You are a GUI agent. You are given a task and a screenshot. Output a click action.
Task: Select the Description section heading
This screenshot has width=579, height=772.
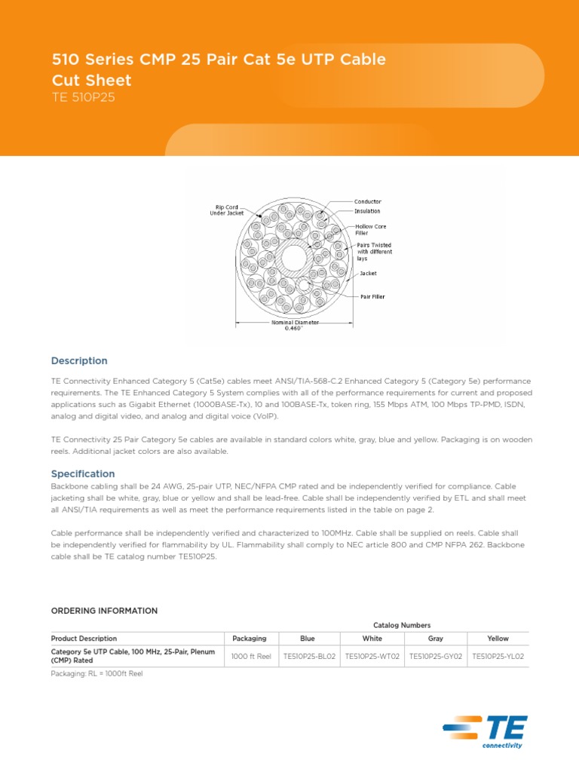coord(79,361)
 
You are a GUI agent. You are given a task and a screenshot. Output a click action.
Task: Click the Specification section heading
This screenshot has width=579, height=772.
coord(83,474)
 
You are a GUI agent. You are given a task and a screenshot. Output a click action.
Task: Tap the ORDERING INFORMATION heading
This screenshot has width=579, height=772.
coord(104,611)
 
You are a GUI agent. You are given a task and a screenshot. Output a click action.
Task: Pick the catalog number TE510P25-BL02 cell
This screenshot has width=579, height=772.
coord(311,657)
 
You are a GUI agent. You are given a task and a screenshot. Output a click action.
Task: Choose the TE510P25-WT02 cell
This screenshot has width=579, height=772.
coord(372,657)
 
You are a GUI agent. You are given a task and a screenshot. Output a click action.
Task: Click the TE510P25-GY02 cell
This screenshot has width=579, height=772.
coord(435,657)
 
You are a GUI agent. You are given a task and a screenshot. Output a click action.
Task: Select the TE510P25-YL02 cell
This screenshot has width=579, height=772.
coord(498,657)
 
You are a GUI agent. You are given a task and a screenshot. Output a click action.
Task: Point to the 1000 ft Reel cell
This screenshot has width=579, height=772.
coord(251,657)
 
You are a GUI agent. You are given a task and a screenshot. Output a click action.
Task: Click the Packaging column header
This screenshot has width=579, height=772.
coord(250,639)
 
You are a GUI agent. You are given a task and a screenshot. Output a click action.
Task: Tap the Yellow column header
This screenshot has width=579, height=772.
coord(498,639)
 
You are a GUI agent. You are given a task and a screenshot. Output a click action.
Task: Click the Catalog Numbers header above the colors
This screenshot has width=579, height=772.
coord(402,625)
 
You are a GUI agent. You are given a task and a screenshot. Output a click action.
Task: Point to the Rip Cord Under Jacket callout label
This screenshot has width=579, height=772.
coord(227,210)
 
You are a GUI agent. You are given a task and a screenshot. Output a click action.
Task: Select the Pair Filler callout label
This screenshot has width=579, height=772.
coord(372,296)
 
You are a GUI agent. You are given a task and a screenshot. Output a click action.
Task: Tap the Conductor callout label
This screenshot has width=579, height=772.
coord(368,201)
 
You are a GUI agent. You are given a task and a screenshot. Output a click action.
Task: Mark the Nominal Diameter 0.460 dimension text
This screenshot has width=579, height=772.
coord(295,325)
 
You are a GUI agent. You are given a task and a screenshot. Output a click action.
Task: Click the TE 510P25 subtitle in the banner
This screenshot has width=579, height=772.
coord(83,97)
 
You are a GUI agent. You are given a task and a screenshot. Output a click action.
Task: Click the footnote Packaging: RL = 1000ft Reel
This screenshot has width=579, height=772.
coord(96,674)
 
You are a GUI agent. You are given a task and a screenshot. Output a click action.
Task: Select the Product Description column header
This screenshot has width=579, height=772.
coord(84,639)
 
